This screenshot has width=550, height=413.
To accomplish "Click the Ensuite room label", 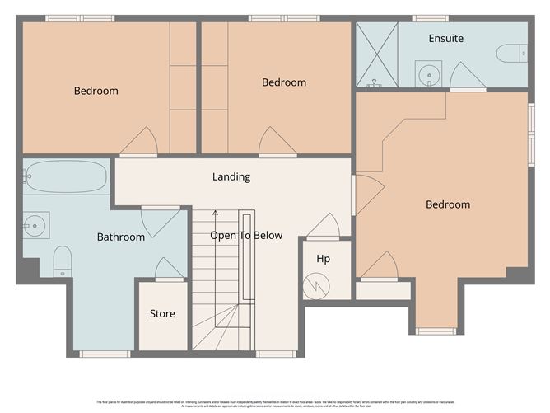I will tap(445, 39).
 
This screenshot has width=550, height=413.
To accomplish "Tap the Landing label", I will tap(231, 176).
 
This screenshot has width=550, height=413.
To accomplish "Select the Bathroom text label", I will tap(121, 237).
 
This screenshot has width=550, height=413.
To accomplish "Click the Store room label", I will tap(162, 314).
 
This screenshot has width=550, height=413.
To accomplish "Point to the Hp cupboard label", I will tap(324, 259).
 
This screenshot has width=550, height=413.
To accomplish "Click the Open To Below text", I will tap(246, 236).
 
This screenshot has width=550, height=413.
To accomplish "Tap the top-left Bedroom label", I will tap(96, 91).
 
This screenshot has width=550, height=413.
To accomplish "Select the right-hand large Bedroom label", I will tap(447, 204).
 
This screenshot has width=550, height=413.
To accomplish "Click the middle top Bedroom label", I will tap(284, 82).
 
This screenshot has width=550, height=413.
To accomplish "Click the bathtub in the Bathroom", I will tap(66, 176).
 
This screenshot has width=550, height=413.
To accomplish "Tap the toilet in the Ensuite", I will tap(512, 53).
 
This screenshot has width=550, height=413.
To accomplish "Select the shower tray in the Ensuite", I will tap(376, 54).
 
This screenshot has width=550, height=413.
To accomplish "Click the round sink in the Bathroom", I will tap(35, 223).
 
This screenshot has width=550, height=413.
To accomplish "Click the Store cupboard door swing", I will tap(170, 269).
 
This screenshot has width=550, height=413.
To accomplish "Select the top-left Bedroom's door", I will tap(137, 143).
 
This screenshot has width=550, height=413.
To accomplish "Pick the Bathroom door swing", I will tap(161, 221).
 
